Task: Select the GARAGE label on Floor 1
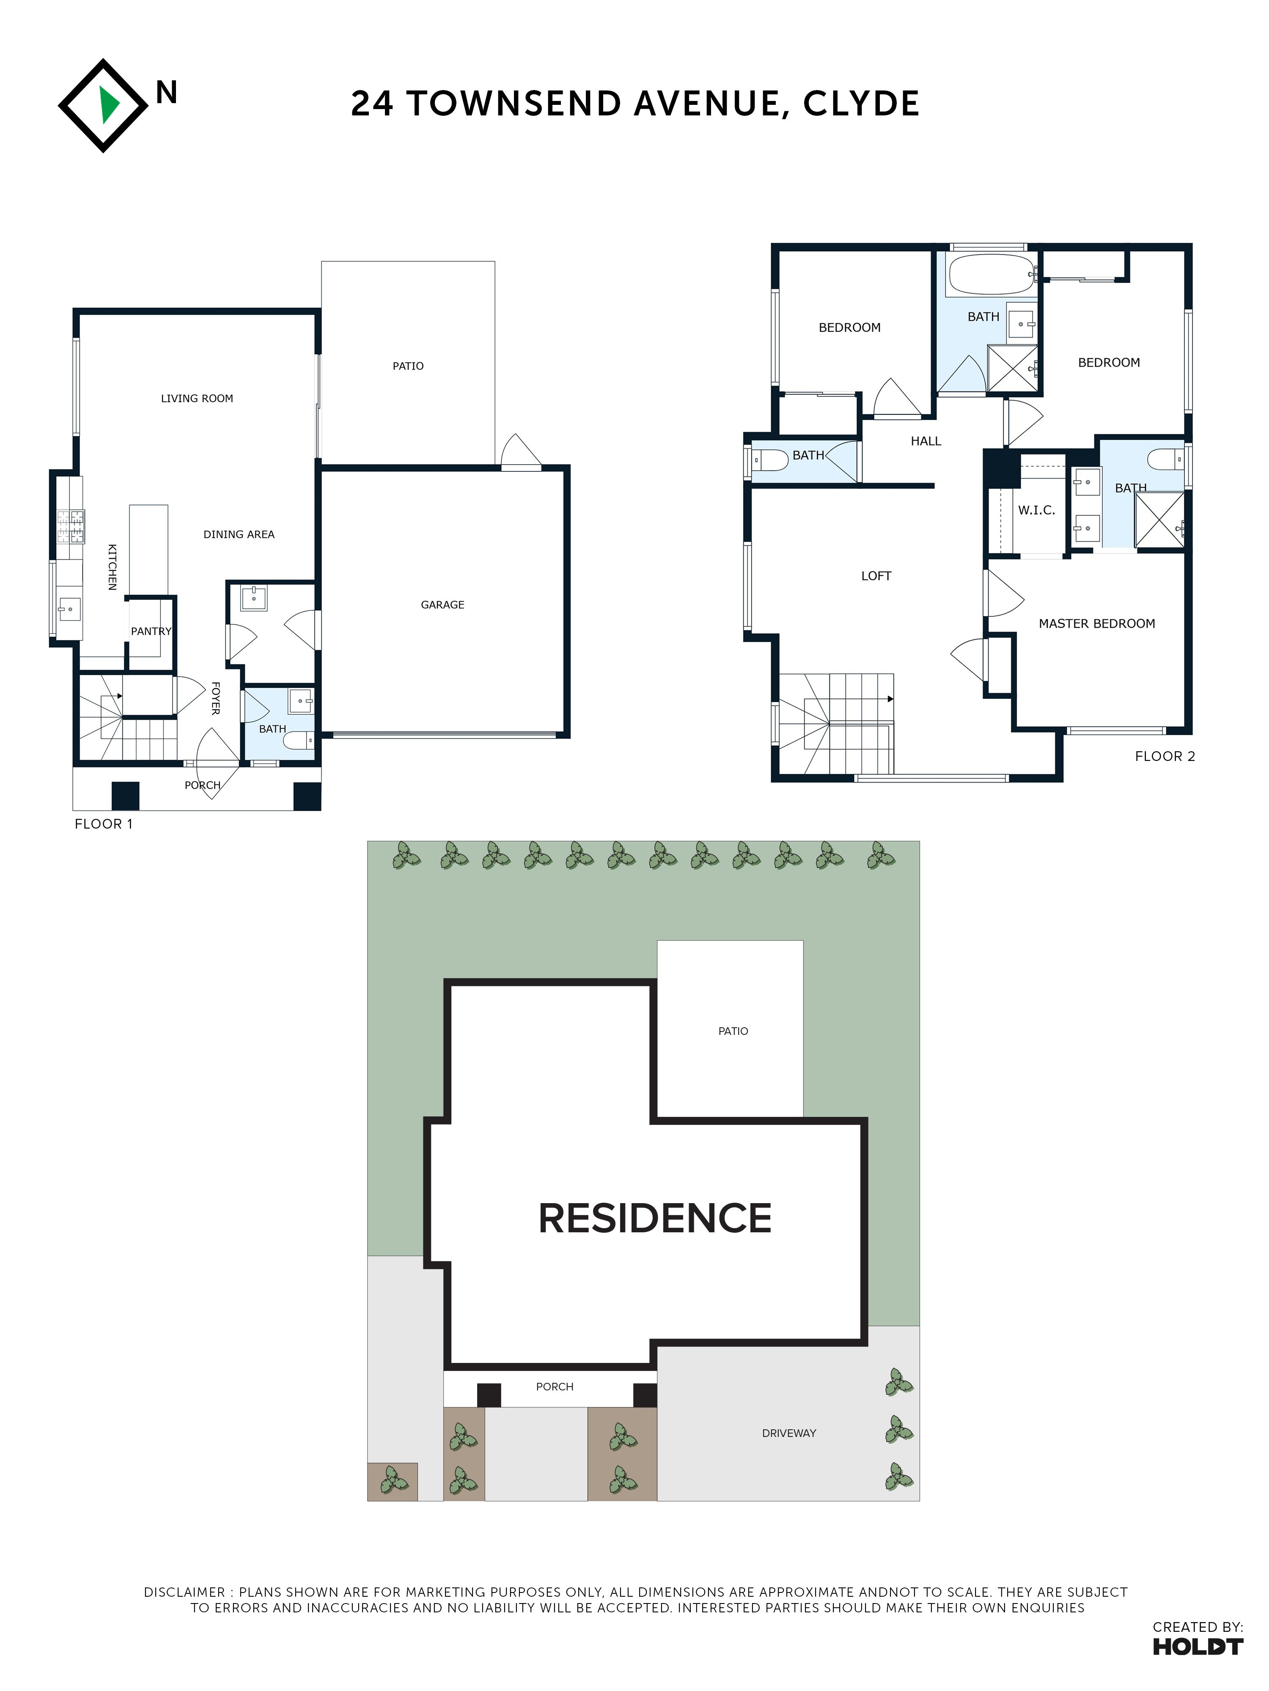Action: [442, 605]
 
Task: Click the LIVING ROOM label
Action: [197, 398]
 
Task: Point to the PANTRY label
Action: [151, 632]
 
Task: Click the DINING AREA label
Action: [239, 534]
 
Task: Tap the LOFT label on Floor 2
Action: [876, 576]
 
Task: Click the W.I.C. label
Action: [1036, 511]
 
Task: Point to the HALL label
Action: [926, 441]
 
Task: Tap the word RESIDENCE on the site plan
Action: [655, 1218]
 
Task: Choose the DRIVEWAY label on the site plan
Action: [788, 1434]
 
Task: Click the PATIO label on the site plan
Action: [733, 1031]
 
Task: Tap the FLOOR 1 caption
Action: [103, 824]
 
